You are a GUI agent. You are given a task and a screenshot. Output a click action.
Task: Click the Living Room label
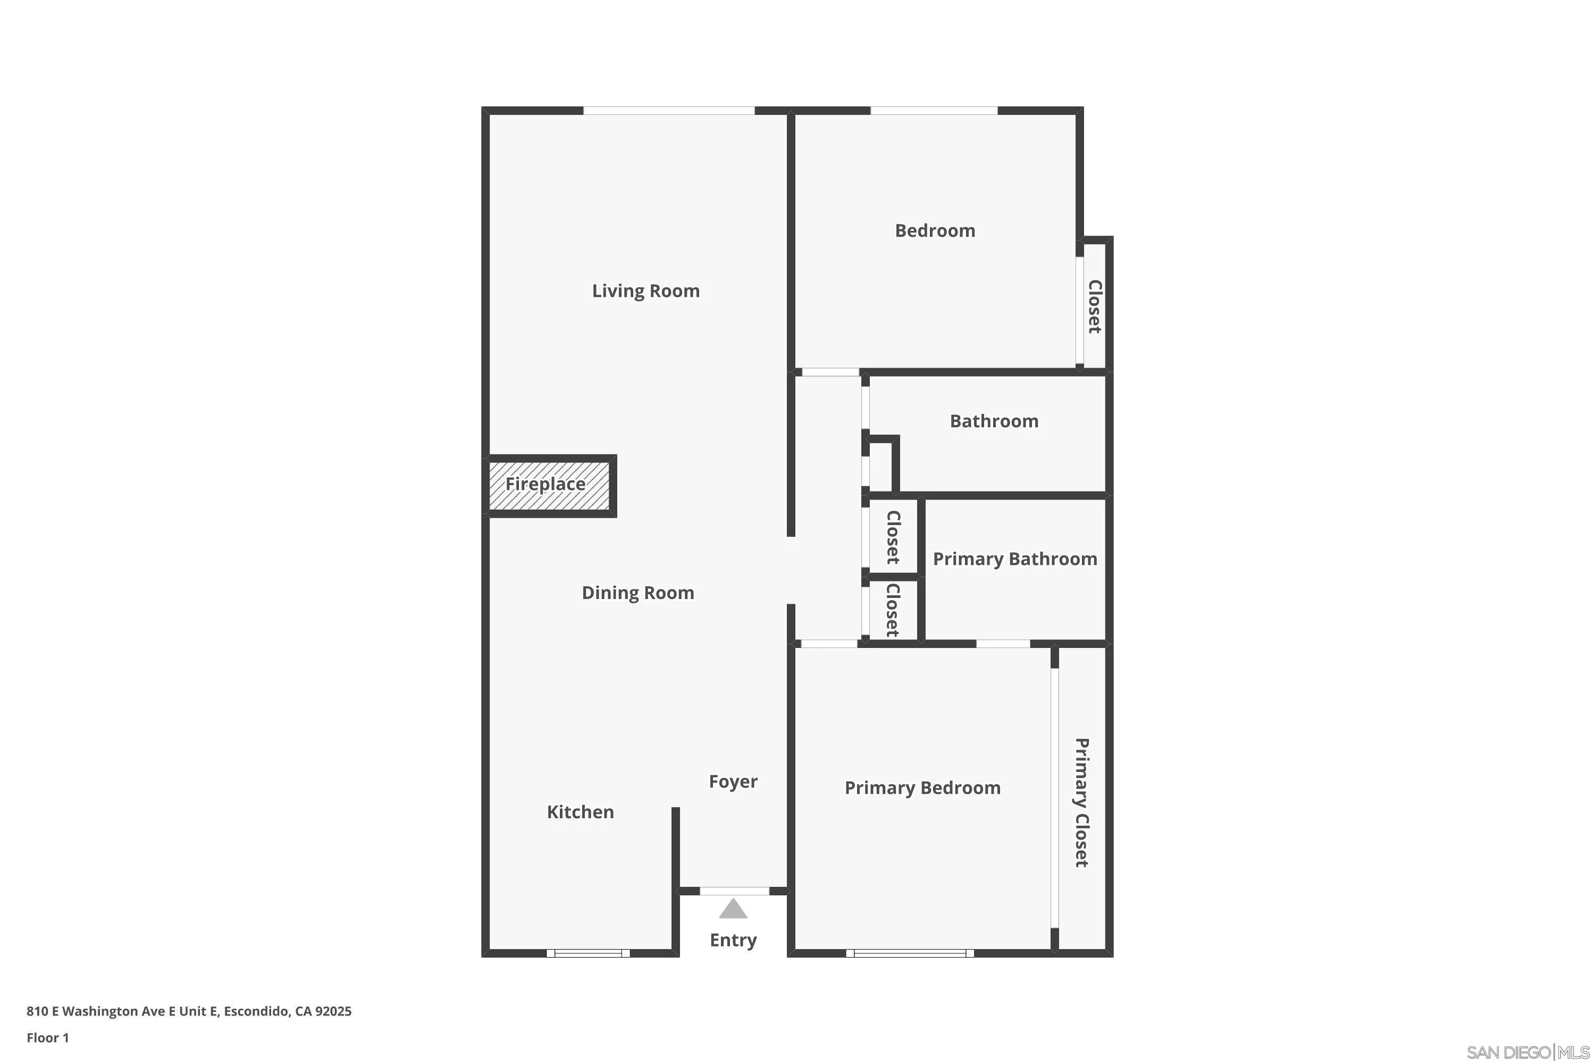click(x=645, y=291)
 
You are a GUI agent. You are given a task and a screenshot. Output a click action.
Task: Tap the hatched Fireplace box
click(x=549, y=485)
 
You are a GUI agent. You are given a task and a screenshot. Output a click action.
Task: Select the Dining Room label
click(x=637, y=593)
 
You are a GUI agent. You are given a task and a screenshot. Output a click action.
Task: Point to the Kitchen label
click(x=580, y=812)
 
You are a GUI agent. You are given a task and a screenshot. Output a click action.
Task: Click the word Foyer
click(x=733, y=782)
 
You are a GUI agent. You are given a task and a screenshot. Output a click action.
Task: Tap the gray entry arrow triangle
click(x=733, y=909)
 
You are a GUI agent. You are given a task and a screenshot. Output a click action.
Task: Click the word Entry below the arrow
click(x=733, y=941)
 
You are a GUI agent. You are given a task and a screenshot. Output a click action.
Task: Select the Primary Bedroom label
click(x=922, y=788)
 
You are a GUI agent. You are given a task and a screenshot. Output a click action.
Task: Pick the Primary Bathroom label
click(x=1014, y=559)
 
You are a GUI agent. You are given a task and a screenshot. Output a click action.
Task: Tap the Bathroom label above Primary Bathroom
click(x=994, y=421)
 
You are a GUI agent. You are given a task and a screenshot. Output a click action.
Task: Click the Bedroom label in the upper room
click(x=935, y=231)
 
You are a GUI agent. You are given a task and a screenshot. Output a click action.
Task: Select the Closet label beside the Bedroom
click(x=1094, y=307)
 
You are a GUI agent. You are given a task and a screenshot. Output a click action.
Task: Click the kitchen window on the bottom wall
click(x=588, y=953)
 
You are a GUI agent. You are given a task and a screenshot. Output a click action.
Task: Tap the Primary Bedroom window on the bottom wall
click(x=909, y=953)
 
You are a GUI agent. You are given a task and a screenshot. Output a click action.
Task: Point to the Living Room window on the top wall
click(x=669, y=111)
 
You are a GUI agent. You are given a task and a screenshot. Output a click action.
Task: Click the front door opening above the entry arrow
click(x=734, y=891)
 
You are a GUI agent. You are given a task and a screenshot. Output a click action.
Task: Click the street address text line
click(x=189, y=1011)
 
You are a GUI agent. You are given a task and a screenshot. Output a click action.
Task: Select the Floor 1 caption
click(x=47, y=1037)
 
